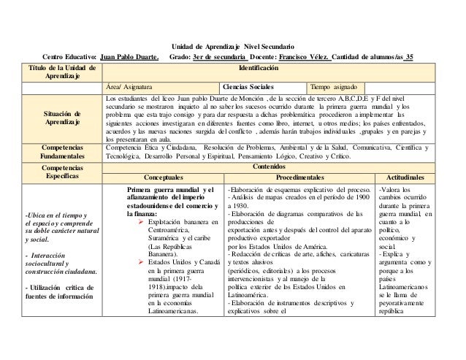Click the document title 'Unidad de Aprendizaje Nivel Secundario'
[233, 45]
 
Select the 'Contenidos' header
[268, 166]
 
